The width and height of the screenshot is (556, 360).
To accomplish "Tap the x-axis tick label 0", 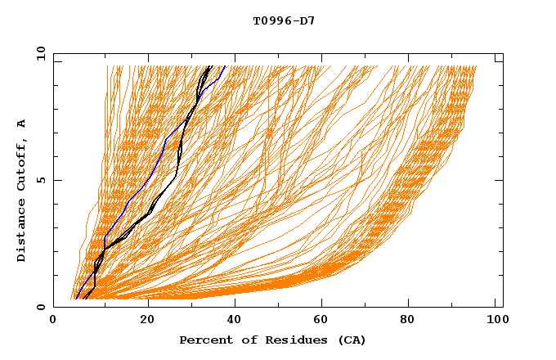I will (x=53, y=322).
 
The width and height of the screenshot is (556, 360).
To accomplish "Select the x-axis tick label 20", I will (x=147, y=322).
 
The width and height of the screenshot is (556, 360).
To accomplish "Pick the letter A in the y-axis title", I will (x=22, y=124).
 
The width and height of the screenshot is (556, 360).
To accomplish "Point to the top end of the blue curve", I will (x=225, y=66).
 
